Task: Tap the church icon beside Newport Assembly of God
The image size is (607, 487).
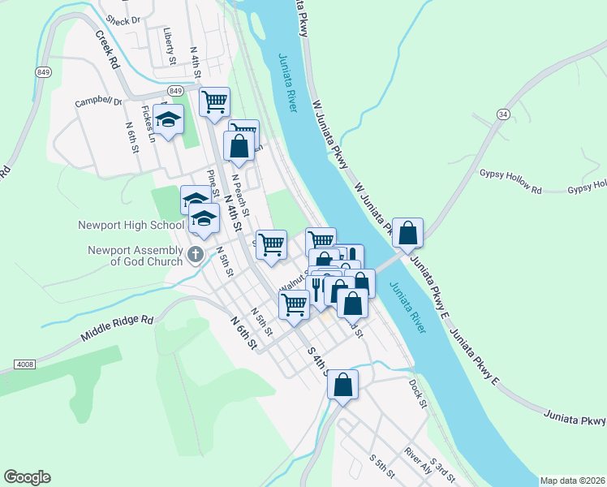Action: pos(195,255)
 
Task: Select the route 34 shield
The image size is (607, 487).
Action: pos(503,114)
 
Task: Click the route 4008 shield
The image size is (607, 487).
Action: pos(26,366)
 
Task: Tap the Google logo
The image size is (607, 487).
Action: pos(28,476)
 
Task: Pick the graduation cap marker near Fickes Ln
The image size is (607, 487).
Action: pos(168,120)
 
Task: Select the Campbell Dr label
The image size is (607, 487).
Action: pos(98,102)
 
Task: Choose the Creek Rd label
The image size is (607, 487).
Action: pos(106,50)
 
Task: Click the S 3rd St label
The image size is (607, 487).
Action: pos(444,468)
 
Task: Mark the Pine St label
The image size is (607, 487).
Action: pos(213,183)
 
